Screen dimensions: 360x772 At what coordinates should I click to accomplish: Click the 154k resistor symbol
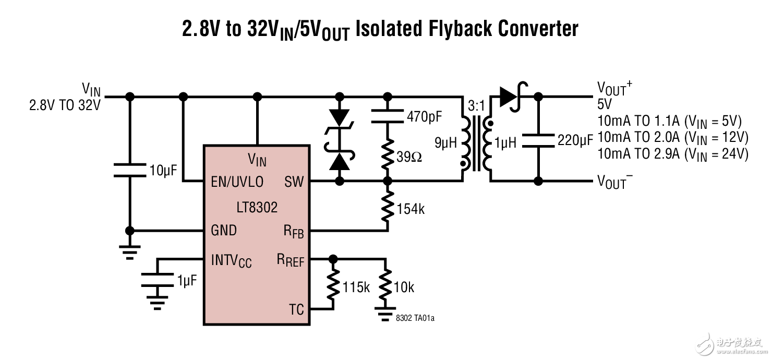pyautogui.click(x=387, y=206)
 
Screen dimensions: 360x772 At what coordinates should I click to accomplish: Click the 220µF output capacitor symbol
pyautogui.click(x=538, y=140)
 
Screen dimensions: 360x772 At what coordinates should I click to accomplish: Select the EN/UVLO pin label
pyautogui.click(x=237, y=182)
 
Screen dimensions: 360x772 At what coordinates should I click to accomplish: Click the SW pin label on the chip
pyautogui.click(x=294, y=182)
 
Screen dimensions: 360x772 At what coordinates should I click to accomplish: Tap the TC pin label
pyautogui.click(x=296, y=309)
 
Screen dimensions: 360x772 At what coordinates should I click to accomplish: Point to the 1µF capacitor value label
pyautogui.click(x=187, y=281)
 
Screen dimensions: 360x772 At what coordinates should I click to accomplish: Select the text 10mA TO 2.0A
pyautogui.click(x=638, y=137)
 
